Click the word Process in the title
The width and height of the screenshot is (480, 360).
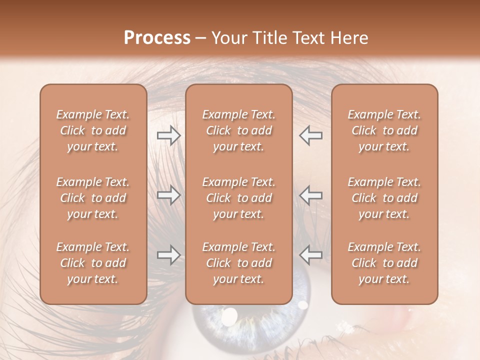click(157, 38)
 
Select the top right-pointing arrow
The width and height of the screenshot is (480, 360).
click(168, 135)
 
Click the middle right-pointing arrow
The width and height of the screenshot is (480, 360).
click(168, 195)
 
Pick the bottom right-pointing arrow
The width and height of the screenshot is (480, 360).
click(168, 255)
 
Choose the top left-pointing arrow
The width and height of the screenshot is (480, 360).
click(310, 135)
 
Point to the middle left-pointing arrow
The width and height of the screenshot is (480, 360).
click(310, 195)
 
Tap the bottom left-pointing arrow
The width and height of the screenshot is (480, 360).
click(310, 255)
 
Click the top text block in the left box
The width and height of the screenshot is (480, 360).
click(93, 130)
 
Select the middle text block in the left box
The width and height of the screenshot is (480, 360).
click(93, 198)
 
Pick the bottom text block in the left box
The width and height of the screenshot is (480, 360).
click(93, 263)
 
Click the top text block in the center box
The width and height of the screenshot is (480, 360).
click(238, 130)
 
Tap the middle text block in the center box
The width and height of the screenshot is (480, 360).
click(238, 198)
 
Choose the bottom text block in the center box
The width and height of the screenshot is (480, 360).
click(238, 263)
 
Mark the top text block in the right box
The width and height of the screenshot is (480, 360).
click(384, 130)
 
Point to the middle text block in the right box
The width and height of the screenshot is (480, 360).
click(384, 198)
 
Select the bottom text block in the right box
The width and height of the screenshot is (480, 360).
click(384, 263)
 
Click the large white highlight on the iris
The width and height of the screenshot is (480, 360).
click(229, 316)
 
